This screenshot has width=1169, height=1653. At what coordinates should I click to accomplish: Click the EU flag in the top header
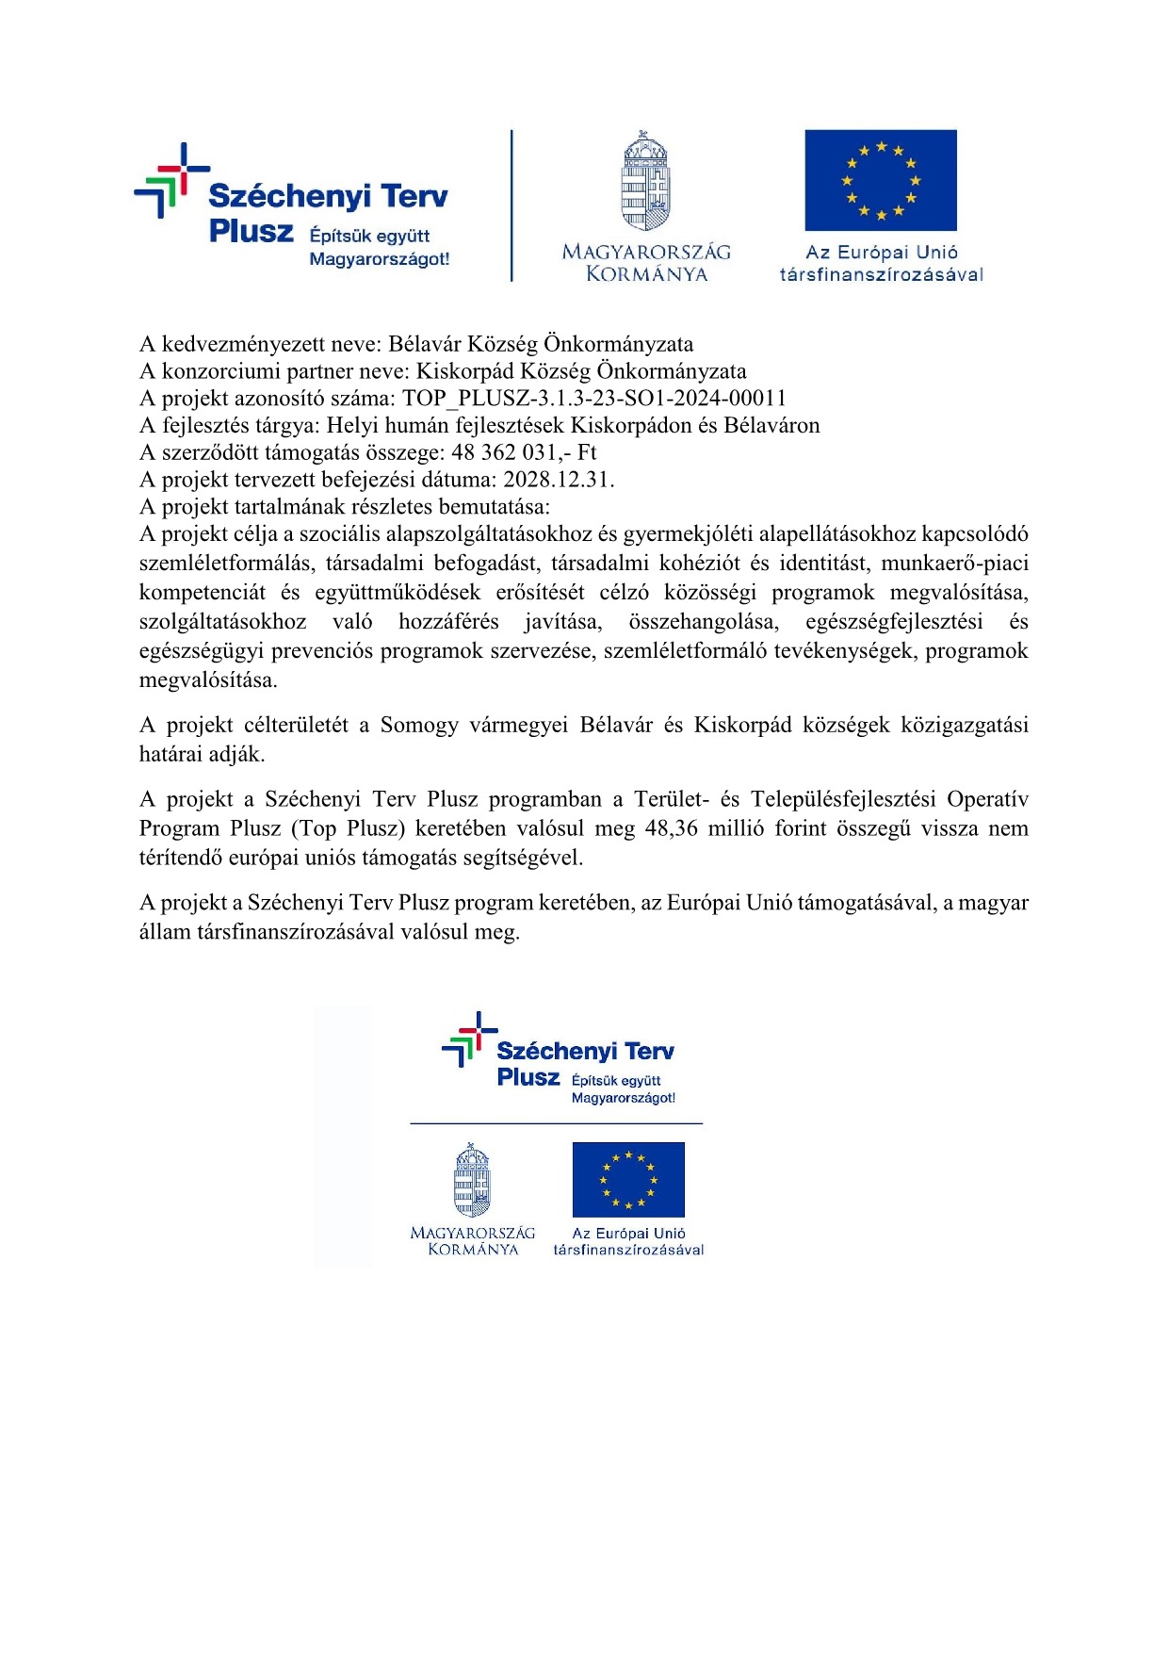pos(881,180)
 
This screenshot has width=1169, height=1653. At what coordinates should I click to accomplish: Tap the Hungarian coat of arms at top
pos(645,181)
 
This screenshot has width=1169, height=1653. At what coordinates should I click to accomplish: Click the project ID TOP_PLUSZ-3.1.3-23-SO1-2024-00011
pos(594,399)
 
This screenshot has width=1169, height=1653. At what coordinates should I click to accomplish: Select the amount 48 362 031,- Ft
pos(524,452)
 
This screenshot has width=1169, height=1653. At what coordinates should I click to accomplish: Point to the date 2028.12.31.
pos(559,480)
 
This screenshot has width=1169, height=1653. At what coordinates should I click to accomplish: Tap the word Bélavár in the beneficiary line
pos(426,344)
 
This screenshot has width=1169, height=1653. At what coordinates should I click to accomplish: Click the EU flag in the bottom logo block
pos(628,1180)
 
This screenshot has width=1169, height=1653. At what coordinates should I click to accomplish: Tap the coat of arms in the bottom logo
pos(472,1180)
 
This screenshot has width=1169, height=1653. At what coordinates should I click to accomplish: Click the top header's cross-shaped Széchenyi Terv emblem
pos(171,180)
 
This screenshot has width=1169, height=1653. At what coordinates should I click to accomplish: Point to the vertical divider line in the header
pos(512,205)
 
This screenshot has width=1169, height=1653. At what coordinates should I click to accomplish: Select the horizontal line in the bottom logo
pos(557,1123)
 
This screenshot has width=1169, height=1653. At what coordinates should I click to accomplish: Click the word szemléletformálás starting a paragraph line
pos(225,564)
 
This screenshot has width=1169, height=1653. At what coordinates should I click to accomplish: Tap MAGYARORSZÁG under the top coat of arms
pos(646,252)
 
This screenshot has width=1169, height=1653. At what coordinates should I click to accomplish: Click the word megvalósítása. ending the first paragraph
pos(208,680)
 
